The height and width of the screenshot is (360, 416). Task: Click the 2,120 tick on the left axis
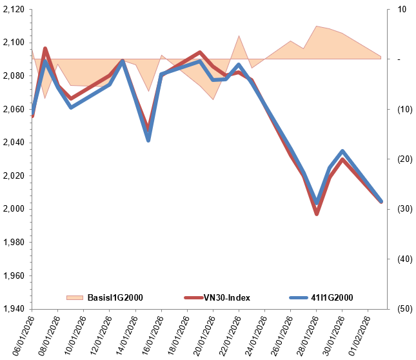tap(14, 10)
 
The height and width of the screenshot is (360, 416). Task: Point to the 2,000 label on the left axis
tap(14, 209)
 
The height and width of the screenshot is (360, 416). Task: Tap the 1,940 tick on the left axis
tap(14, 309)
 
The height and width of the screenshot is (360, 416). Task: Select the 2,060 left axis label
tap(14, 110)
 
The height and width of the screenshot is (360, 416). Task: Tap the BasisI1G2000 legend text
tap(115, 297)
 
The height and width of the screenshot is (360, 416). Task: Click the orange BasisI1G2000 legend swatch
tap(75, 297)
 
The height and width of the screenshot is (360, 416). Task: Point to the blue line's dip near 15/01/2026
tap(148, 139)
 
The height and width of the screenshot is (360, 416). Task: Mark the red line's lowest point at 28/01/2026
tap(317, 214)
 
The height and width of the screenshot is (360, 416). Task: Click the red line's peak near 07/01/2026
tap(45, 48)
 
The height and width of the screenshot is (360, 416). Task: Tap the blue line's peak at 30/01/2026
tap(342, 151)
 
